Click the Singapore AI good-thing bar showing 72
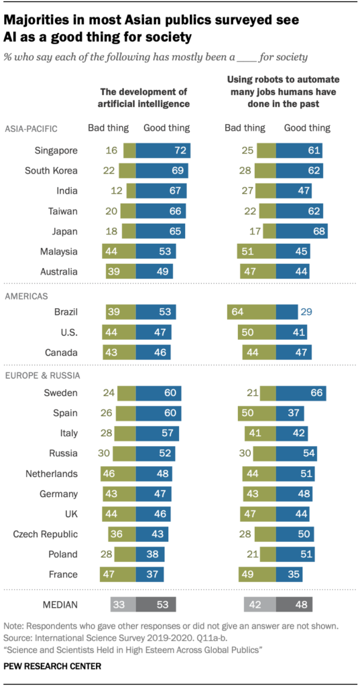point(163,151)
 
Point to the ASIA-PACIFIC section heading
point(32,128)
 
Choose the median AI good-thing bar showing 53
point(156,604)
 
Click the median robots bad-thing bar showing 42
point(260,604)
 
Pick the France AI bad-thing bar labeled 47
point(117,574)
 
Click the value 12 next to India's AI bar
point(116,191)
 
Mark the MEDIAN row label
point(58,604)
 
